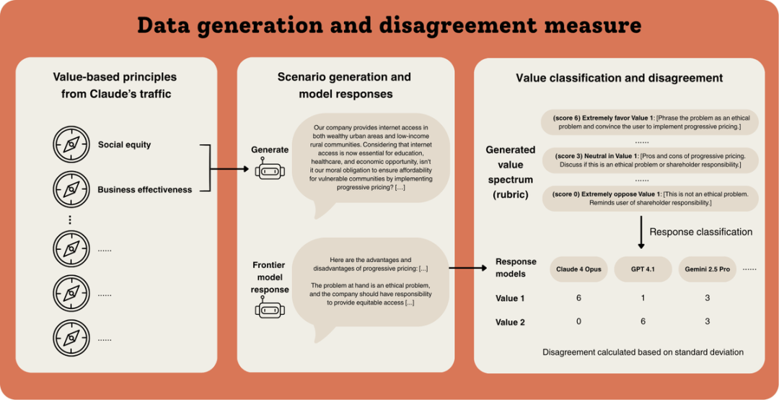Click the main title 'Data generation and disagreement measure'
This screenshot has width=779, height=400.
tap(389, 26)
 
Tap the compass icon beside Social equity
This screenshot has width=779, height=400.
tap(71, 144)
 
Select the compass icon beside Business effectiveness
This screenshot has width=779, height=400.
tap(71, 190)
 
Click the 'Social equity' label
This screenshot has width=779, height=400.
tap(125, 144)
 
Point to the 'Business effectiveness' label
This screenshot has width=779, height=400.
tap(145, 190)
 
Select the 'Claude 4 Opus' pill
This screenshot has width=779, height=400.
tap(578, 269)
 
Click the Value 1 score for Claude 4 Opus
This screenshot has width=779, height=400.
tap(578, 297)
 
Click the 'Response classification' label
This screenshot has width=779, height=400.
tap(701, 232)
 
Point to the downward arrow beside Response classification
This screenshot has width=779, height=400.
tap(641, 232)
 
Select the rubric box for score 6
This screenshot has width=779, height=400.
tap(649, 122)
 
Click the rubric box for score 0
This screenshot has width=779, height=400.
tap(649, 198)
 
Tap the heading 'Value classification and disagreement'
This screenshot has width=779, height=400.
tap(619, 78)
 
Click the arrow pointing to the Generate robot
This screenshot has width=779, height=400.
tap(231, 170)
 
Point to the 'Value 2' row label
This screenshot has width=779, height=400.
tap(510, 321)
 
